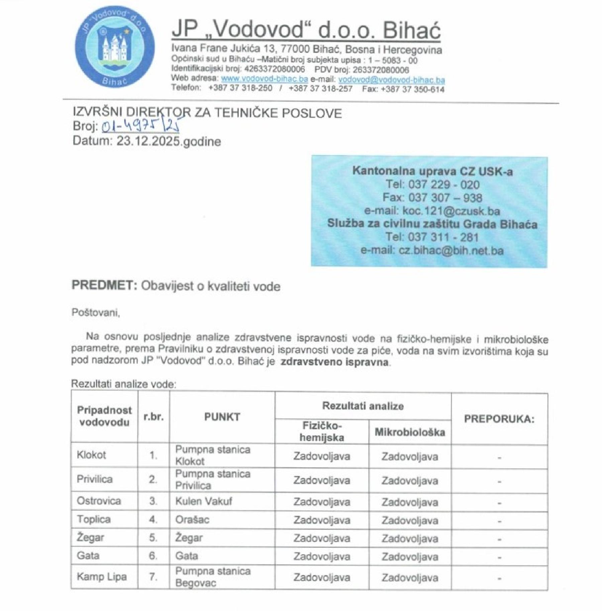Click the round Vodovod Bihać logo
click(115, 47)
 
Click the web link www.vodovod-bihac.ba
click(264, 79)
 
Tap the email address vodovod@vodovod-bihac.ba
click(391, 80)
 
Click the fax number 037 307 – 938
click(445, 198)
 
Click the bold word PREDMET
click(104, 286)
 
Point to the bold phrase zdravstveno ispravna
click(334, 362)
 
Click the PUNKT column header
click(222, 417)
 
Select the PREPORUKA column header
click(499, 419)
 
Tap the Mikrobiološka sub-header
click(410, 432)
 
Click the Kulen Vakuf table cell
click(203, 501)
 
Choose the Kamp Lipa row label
click(102, 577)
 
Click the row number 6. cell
click(153, 556)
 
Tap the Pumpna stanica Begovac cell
click(213, 577)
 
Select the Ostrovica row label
click(99, 501)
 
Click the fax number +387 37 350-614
click(412, 89)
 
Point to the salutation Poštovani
click(96, 313)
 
